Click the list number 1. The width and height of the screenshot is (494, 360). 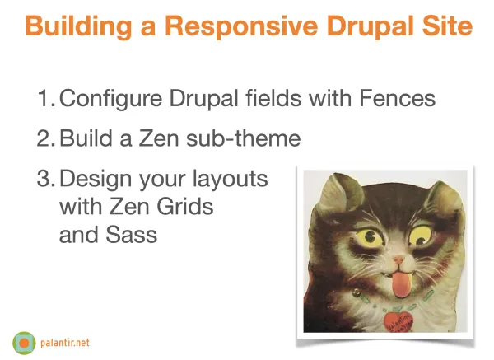(44, 100)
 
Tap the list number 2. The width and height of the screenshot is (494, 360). (44, 138)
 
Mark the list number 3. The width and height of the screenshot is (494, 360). (44, 178)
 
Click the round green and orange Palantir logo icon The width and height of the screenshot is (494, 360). (24, 339)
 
